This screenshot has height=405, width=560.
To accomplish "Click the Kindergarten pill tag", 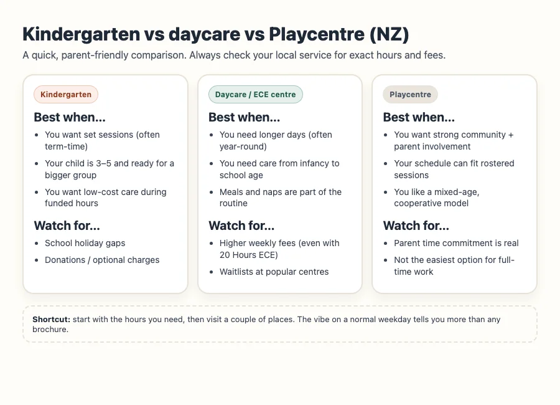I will pos(66,95).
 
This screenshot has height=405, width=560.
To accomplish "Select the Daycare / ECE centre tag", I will pos(255,95).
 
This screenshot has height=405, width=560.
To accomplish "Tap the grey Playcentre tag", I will pos(410,95).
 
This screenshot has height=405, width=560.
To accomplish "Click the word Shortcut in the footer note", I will pos(51,320).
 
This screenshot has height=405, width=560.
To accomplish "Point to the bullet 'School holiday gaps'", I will pos(85,243).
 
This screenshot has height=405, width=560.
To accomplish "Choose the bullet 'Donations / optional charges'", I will pos(102,260).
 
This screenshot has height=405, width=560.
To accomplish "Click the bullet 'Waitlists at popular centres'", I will pos(274,272).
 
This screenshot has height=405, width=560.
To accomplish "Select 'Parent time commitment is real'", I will pos(456,243).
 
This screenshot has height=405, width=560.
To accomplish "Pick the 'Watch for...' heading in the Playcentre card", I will pos(416,226).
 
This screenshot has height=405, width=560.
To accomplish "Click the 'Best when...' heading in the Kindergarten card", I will pos(67,117).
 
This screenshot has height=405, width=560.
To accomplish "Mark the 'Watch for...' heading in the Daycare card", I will pos(241,226).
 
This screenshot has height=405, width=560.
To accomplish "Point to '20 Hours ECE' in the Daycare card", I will pos(247,255).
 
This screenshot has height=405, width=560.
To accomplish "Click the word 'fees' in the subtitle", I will pos(433,55).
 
